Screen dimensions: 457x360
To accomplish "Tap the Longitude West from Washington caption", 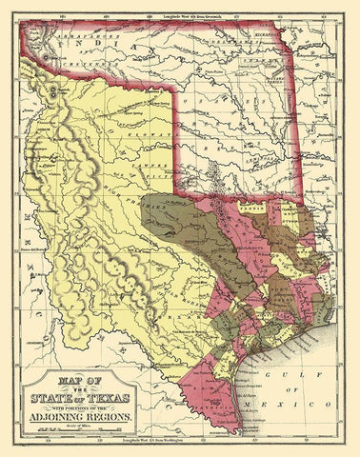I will click(181, 439).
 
